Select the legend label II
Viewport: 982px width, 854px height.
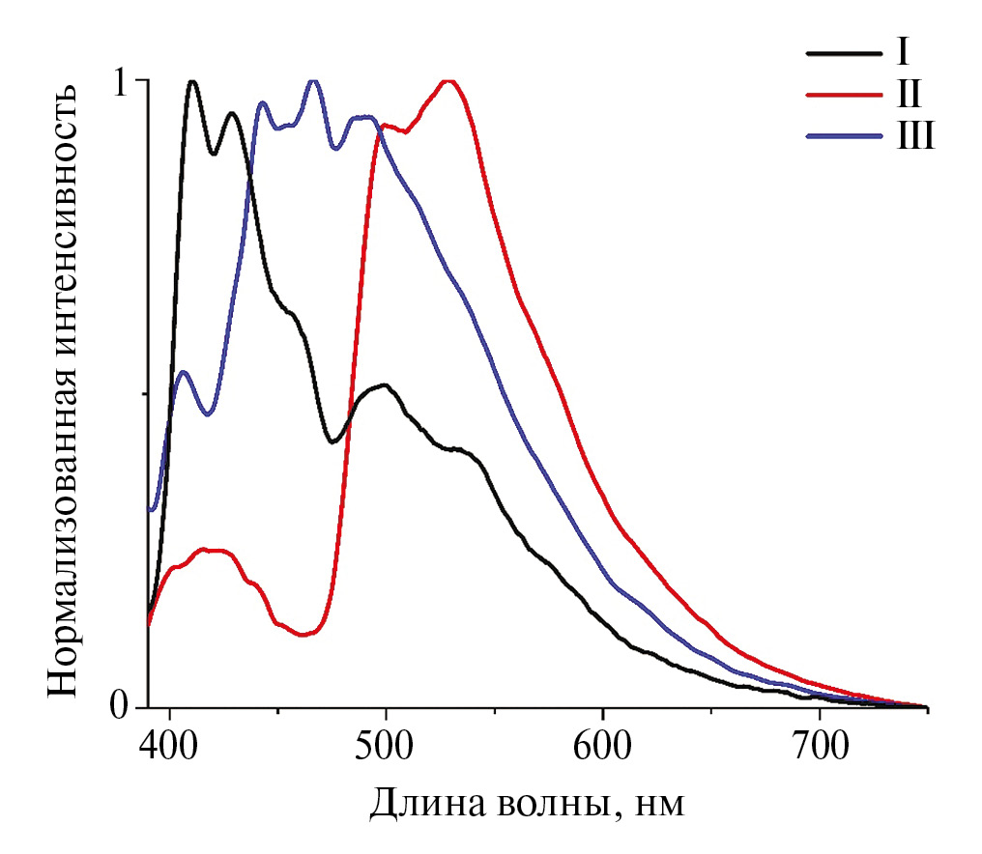coord(908,94)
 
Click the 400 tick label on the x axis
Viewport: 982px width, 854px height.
coord(170,745)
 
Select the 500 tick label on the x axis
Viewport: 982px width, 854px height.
coord(386,745)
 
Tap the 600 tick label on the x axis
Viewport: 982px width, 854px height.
coord(602,745)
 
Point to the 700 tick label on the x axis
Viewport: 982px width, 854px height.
coord(820,745)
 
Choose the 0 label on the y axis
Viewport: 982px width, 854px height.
coord(120,706)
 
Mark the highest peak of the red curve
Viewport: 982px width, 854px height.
coord(448,81)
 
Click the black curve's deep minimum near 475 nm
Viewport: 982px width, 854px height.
coord(332,442)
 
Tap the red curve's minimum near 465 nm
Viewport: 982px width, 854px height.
coord(305,635)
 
